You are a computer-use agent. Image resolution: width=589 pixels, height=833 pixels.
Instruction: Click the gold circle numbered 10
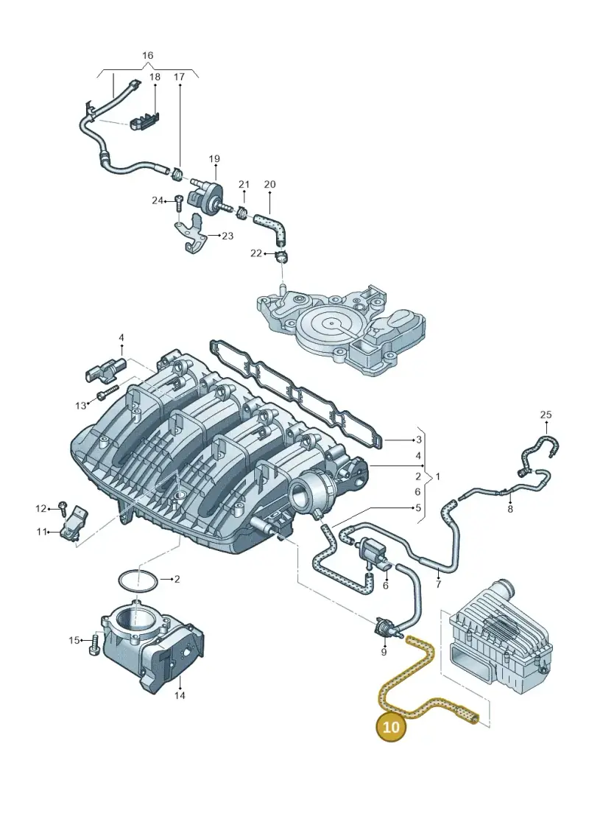[390, 726]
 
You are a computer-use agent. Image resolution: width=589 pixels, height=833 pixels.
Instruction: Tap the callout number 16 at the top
[148, 55]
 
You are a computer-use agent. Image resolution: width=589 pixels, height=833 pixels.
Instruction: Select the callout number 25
[546, 415]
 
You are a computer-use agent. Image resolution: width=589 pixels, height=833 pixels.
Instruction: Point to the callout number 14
[180, 695]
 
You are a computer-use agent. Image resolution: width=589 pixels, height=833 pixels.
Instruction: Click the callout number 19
[214, 159]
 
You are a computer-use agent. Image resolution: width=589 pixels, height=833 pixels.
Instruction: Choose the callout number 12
[41, 508]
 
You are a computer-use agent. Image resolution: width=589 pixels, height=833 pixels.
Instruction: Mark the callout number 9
[384, 652]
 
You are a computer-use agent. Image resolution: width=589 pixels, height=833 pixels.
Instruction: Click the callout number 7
[438, 585]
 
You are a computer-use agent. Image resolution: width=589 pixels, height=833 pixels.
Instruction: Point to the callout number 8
[510, 509]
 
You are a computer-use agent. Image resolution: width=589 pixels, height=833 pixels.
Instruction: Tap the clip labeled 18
[144, 121]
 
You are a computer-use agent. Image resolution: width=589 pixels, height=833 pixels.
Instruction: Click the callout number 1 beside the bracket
[437, 477]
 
